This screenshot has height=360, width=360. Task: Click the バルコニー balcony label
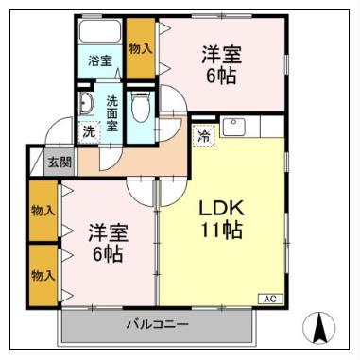[x=157, y=325]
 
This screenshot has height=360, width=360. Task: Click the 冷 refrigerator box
[x=203, y=135]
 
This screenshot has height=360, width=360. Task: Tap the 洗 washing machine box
[x=88, y=130]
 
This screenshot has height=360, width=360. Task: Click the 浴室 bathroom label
[x=99, y=61]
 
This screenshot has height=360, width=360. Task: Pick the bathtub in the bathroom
[x=99, y=31]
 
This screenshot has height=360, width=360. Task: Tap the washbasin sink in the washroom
[x=87, y=103]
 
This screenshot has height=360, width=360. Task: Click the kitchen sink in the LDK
[x=233, y=127]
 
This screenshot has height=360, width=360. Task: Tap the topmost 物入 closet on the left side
[x=43, y=209]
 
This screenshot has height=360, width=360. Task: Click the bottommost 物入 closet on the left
[x=43, y=275]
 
